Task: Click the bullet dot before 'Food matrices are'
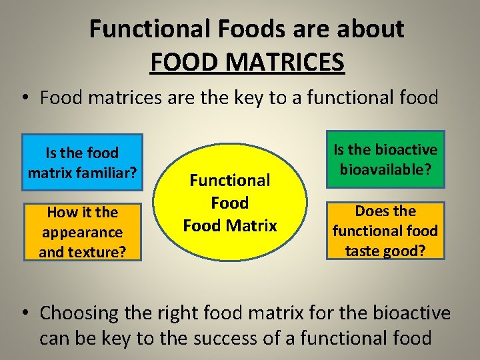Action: tap(23, 99)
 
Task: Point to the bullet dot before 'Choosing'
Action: tap(23, 313)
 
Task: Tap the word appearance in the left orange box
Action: tap(82, 232)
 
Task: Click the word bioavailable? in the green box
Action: tap(385, 169)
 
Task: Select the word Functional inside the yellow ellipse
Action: tap(230, 180)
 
